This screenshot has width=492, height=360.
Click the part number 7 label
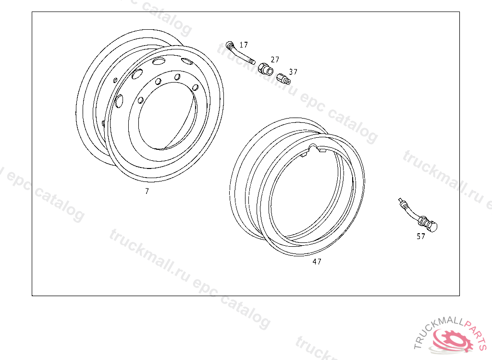tap(147, 191)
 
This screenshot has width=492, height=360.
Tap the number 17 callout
tap(244, 45)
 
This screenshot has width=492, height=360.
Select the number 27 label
tap(275, 60)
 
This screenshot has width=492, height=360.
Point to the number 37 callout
tap(293, 72)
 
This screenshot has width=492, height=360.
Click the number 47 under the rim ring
tap(317, 262)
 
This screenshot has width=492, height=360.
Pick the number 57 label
tap(421, 236)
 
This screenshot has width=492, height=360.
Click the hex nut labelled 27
tap(265, 68)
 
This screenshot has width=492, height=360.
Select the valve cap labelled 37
tap(283, 79)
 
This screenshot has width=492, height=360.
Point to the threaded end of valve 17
tap(252, 61)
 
